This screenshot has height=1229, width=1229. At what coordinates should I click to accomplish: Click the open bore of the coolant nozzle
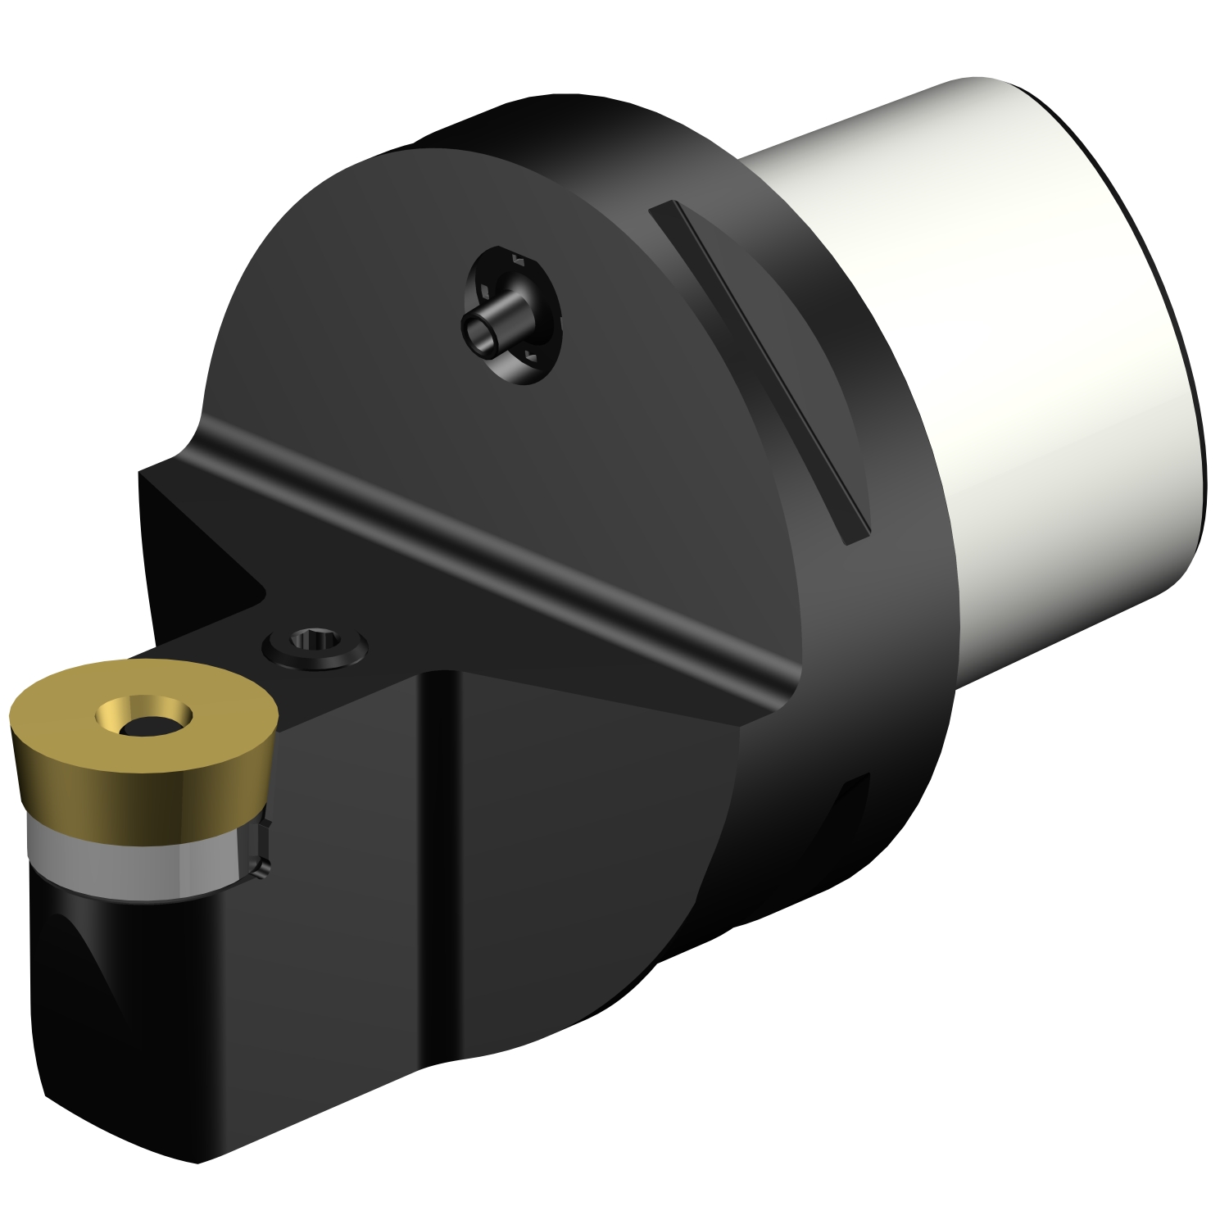(x=478, y=333)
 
